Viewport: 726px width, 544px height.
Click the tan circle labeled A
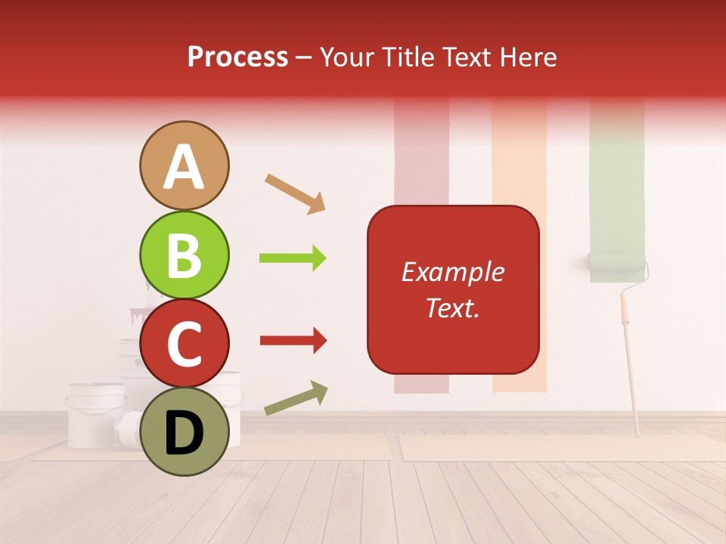pyautogui.click(x=184, y=165)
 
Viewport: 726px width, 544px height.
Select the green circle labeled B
pyautogui.click(x=184, y=256)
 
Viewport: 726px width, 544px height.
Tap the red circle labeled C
pyautogui.click(x=184, y=343)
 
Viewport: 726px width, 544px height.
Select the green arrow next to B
pyautogui.click(x=293, y=258)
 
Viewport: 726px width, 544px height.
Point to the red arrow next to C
pyautogui.click(x=293, y=341)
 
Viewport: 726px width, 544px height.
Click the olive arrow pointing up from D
pyautogui.click(x=296, y=398)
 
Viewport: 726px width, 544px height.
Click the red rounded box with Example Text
pyautogui.click(x=453, y=289)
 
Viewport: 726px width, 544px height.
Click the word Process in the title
pyautogui.click(x=237, y=57)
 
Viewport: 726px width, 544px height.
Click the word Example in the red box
pyautogui.click(x=453, y=272)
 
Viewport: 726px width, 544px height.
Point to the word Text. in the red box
pyautogui.click(x=453, y=308)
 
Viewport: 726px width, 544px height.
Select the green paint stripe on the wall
pyautogui.click(x=617, y=174)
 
